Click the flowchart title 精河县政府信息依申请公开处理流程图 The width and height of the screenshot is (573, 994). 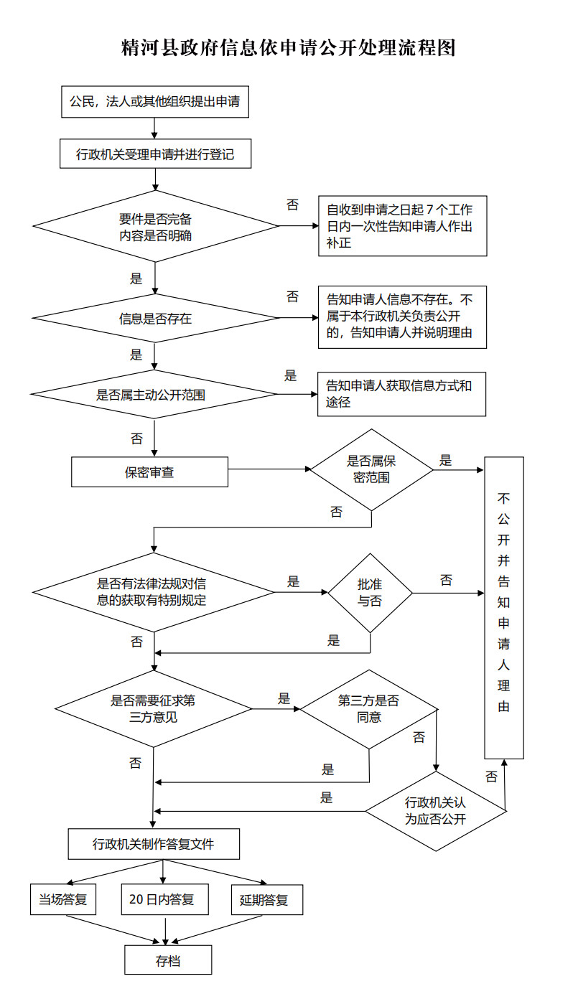pyautogui.click(x=288, y=48)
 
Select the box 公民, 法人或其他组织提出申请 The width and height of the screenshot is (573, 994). pyautogui.click(x=154, y=102)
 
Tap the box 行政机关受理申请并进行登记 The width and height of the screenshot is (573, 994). pyautogui.click(x=155, y=154)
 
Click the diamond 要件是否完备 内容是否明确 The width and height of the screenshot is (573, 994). pyautogui.click(x=155, y=227)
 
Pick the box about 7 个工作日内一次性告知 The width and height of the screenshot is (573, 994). pyautogui.click(x=402, y=226)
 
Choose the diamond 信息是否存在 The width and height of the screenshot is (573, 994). pyautogui.click(x=155, y=318)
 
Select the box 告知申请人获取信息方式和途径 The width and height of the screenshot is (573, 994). pyautogui.click(x=401, y=394)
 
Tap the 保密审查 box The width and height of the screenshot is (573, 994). pyautogui.click(x=149, y=472)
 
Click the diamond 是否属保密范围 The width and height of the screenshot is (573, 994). pyautogui.click(x=371, y=469)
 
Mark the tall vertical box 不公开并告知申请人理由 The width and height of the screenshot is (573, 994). pyautogui.click(x=503, y=607)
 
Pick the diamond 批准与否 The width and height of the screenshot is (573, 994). pyautogui.click(x=370, y=593)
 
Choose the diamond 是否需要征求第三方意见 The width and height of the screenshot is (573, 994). pyautogui.click(x=153, y=708)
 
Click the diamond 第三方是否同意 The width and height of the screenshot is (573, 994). pyautogui.click(x=368, y=708)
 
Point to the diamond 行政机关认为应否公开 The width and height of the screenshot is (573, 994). pyautogui.click(x=435, y=811)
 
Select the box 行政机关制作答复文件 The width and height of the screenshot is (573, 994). pyautogui.click(x=153, y=844)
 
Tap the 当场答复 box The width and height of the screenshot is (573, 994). pyautogui.click(x=63, y=899)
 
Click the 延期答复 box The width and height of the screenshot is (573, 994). pyautogui.click(x=266, y=899)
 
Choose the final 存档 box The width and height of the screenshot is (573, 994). pyautogui.click(x=168, y=960)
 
